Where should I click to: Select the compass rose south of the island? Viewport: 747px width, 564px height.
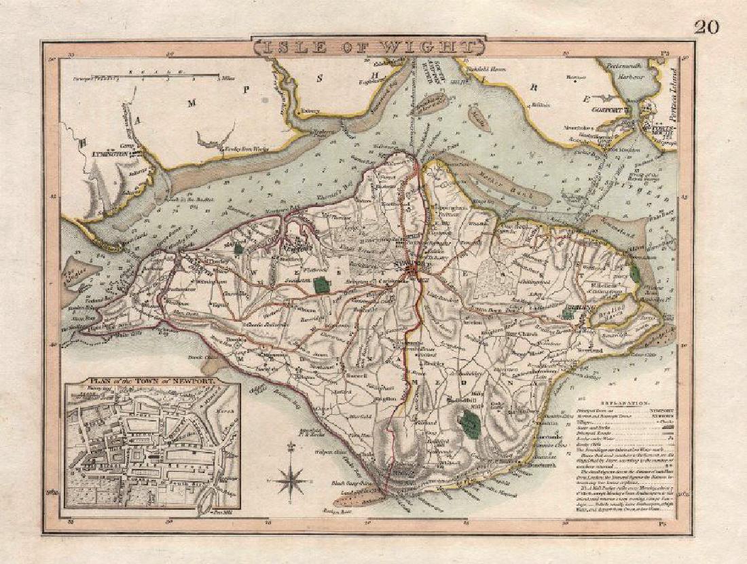pyautogui.click(x=291, y=479)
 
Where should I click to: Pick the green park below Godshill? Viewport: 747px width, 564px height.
pyautogui.click(x=468, y=426)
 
